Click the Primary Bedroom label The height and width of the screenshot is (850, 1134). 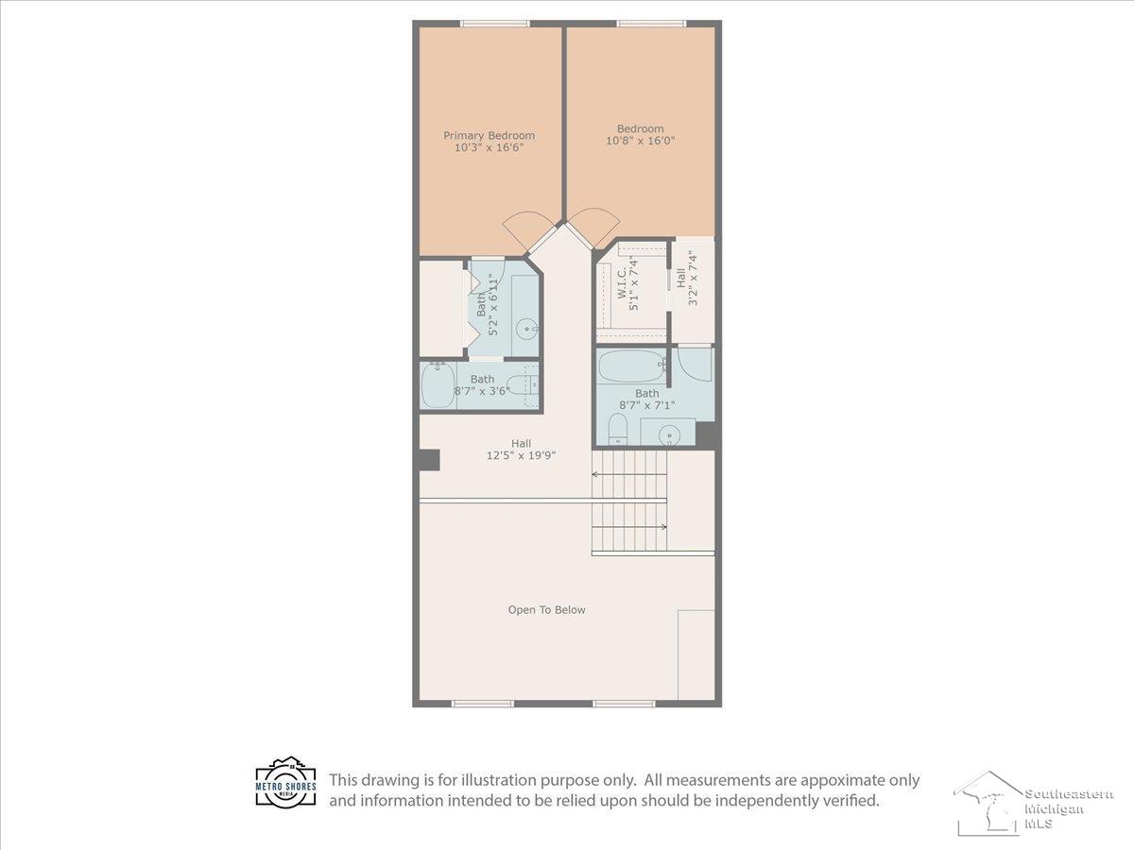489,136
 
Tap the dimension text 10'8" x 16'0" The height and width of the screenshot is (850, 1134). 640,141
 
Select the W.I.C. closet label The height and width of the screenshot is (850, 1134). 622,282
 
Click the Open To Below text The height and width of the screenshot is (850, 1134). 546,610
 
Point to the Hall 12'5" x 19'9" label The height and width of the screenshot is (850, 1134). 521,450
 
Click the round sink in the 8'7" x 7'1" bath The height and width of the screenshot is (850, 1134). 670,435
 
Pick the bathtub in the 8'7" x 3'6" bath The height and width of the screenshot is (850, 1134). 438,385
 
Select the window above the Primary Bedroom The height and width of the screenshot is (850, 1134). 494,24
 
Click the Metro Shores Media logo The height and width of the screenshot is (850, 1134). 285,781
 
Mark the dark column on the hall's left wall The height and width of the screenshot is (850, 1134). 429,460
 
